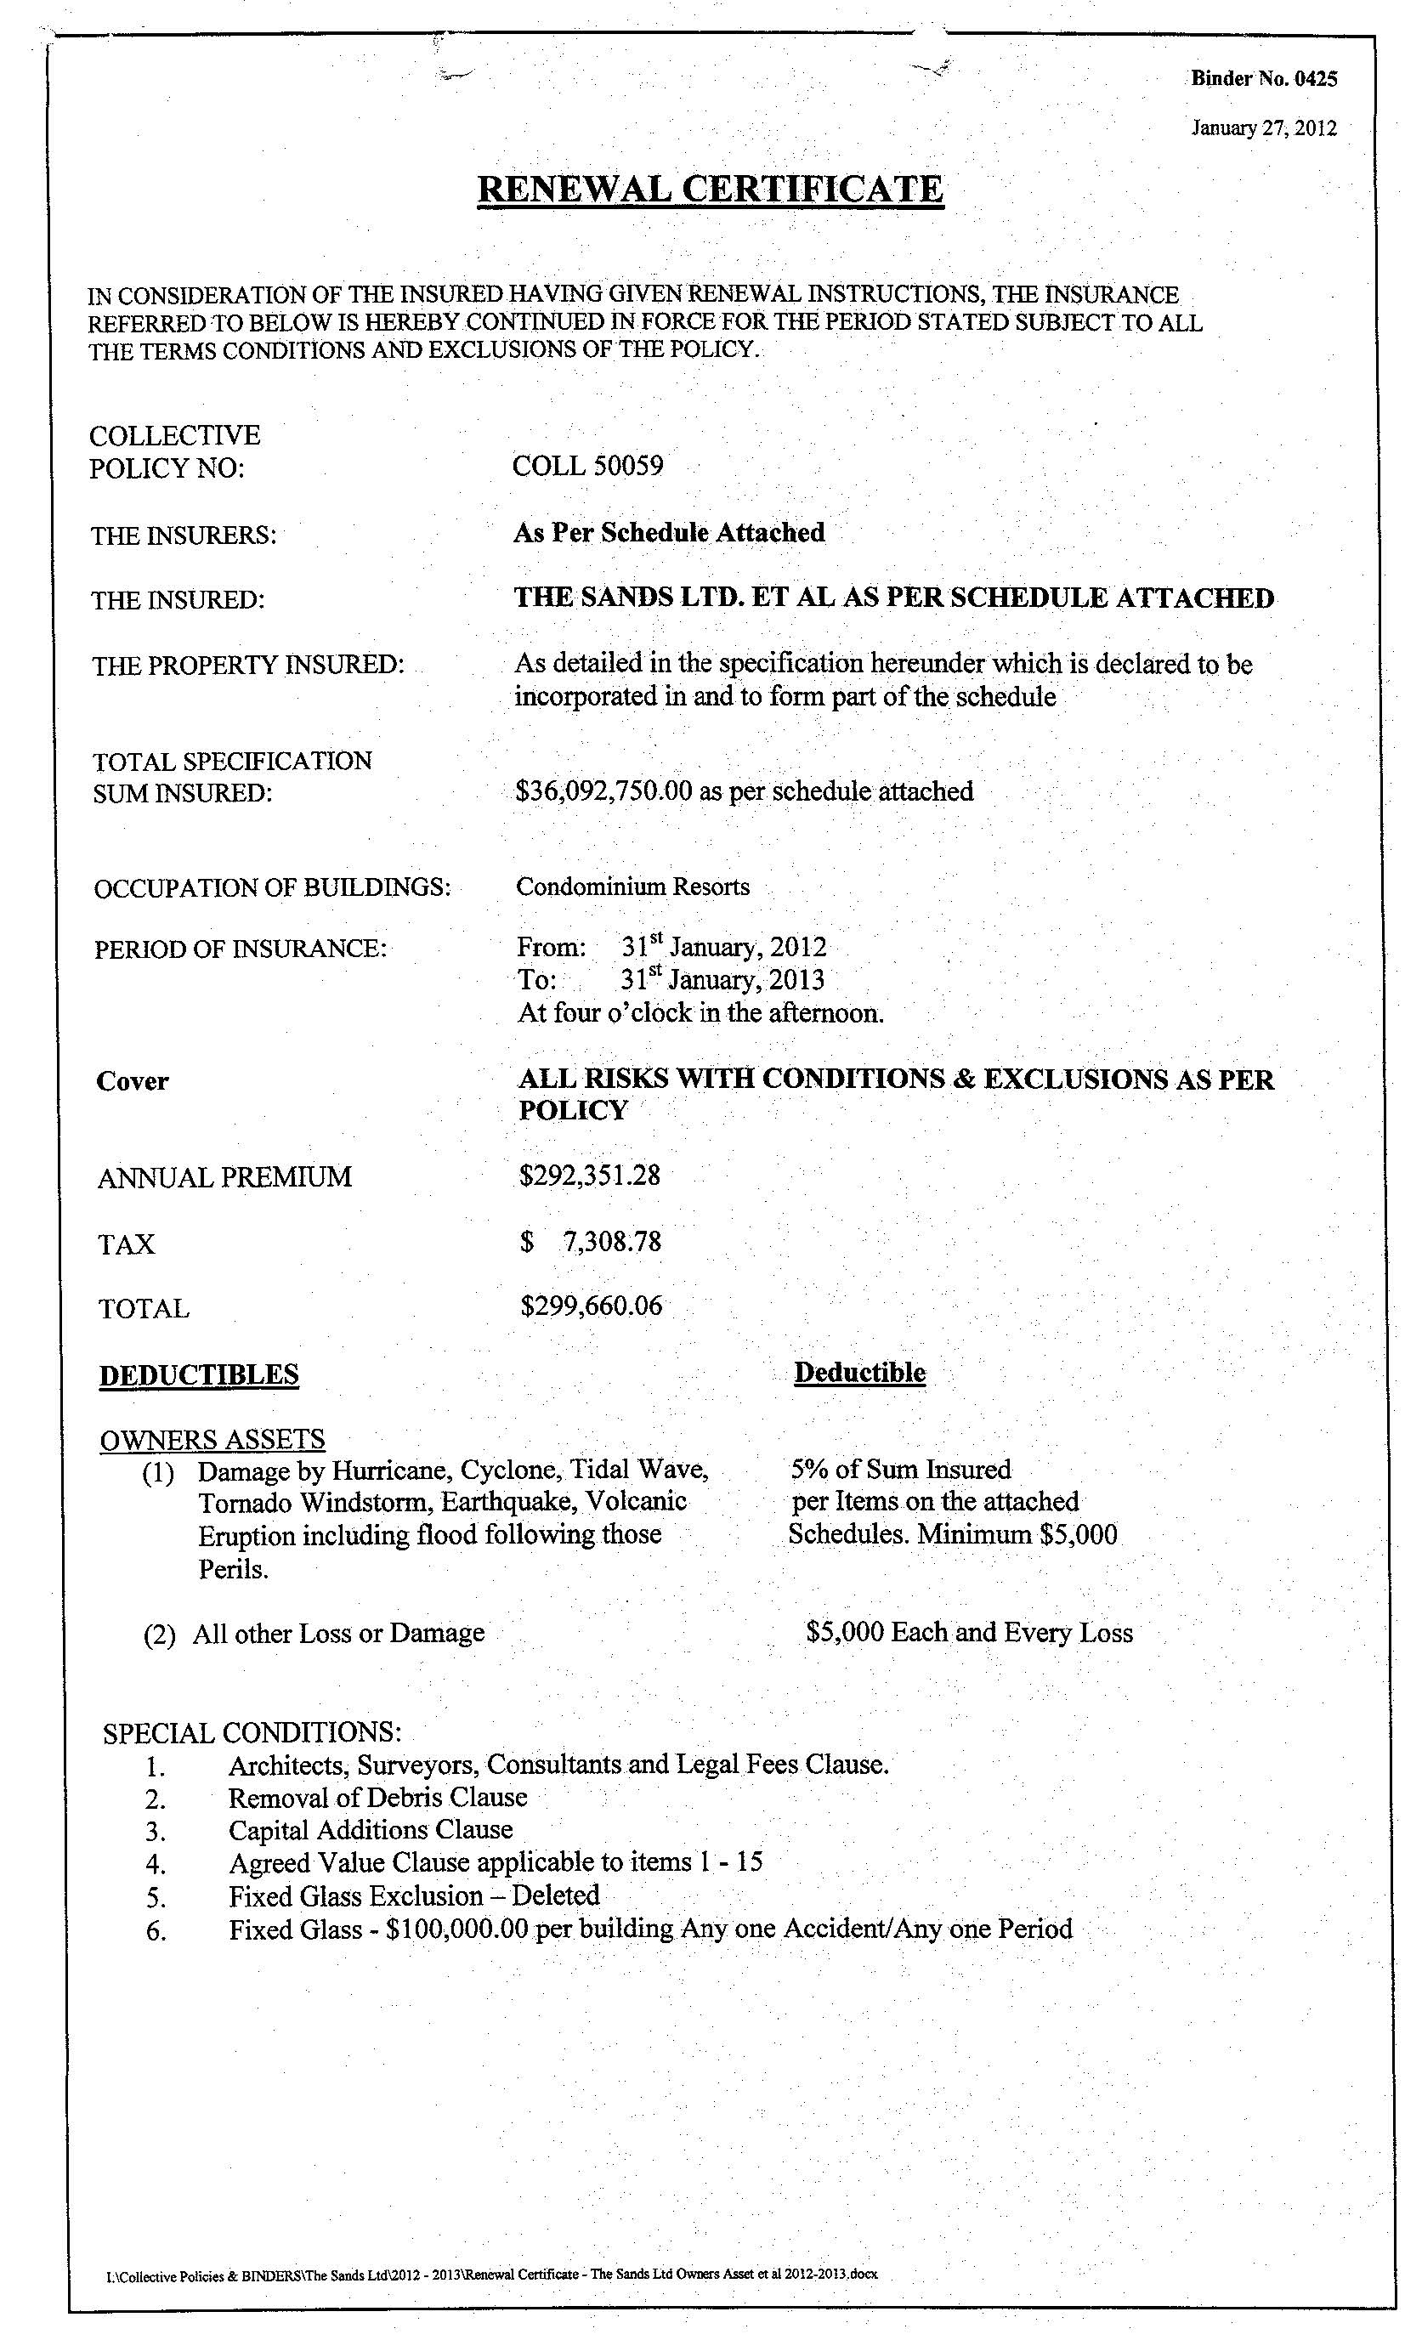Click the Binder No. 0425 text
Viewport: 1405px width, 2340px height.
tap(1263, 78)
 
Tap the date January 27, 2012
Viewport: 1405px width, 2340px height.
tap(1263, 127)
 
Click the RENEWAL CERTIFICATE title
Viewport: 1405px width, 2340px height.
tap(710, 190)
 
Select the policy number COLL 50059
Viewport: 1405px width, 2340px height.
tap(588, 466)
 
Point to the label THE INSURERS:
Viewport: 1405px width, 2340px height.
tap(184, 535)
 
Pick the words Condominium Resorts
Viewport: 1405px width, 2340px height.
tap(632, 887)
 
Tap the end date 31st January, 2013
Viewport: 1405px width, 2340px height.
tap(722, 980)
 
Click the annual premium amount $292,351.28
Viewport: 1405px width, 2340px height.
tap(590, 1176)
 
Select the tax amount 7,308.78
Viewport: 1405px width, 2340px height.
tap(612, 1241)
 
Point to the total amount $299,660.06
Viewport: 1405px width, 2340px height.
tap(592, 1306)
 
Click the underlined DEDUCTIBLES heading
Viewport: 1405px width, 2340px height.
tap(199, 1375)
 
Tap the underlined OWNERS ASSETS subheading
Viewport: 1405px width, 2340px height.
tap(212, 1440)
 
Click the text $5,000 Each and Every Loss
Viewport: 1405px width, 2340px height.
tap(970, 1632)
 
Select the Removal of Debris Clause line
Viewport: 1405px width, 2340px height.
tap(377, 1798)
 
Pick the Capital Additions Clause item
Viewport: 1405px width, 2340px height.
tap(371, 1830)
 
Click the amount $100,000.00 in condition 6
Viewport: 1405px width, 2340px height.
tap(456, 1929)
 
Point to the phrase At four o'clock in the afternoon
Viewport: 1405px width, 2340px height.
tap(700, 1014)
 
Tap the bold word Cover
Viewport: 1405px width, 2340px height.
tap(132, 1081)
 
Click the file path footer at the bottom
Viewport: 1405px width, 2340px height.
tap(491, 2274)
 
